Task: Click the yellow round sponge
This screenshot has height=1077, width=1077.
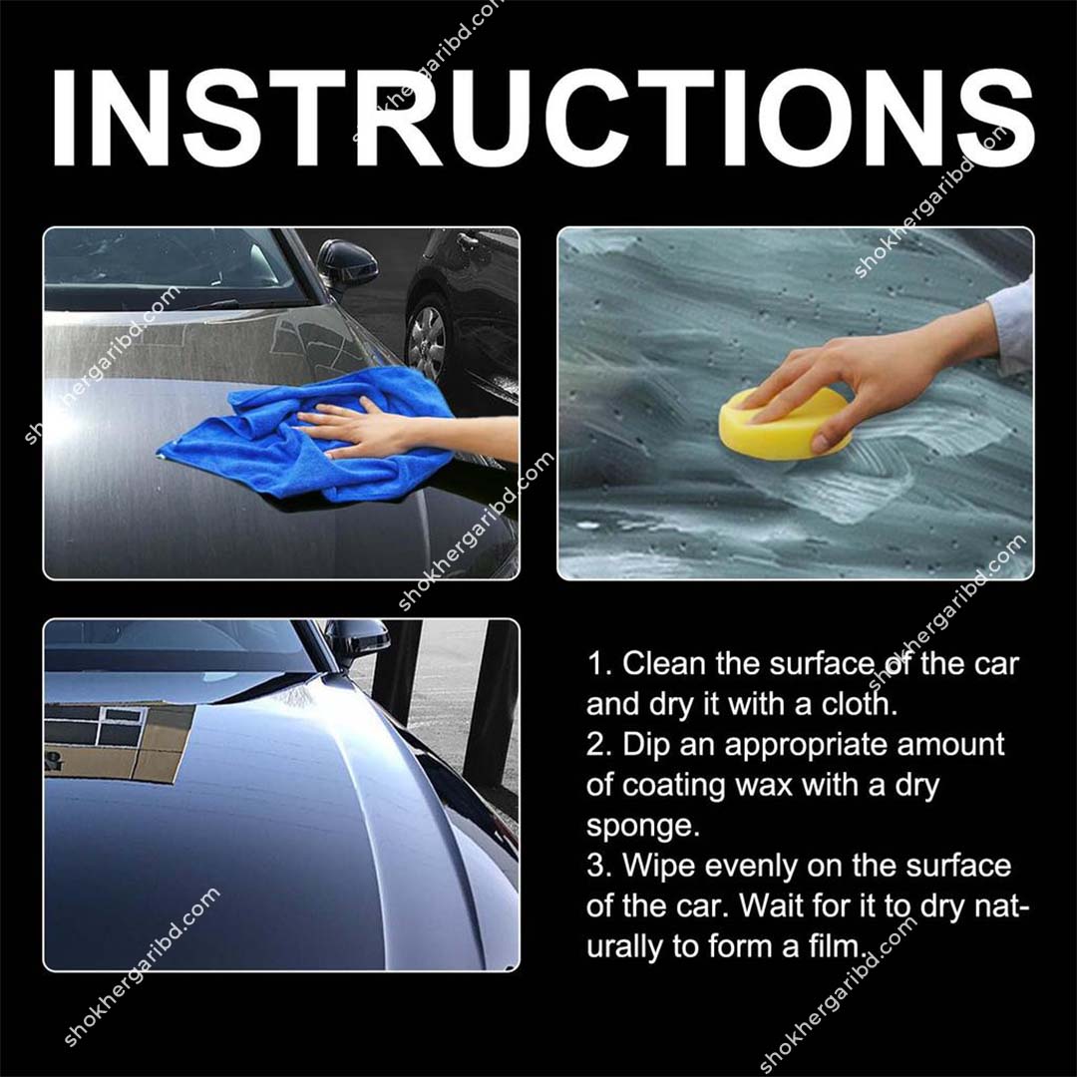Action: coord(782,424)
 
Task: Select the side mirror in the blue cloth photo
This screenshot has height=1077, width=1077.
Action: coord(346,263)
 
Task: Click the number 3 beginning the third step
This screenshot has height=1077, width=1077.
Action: coord(596,865)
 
